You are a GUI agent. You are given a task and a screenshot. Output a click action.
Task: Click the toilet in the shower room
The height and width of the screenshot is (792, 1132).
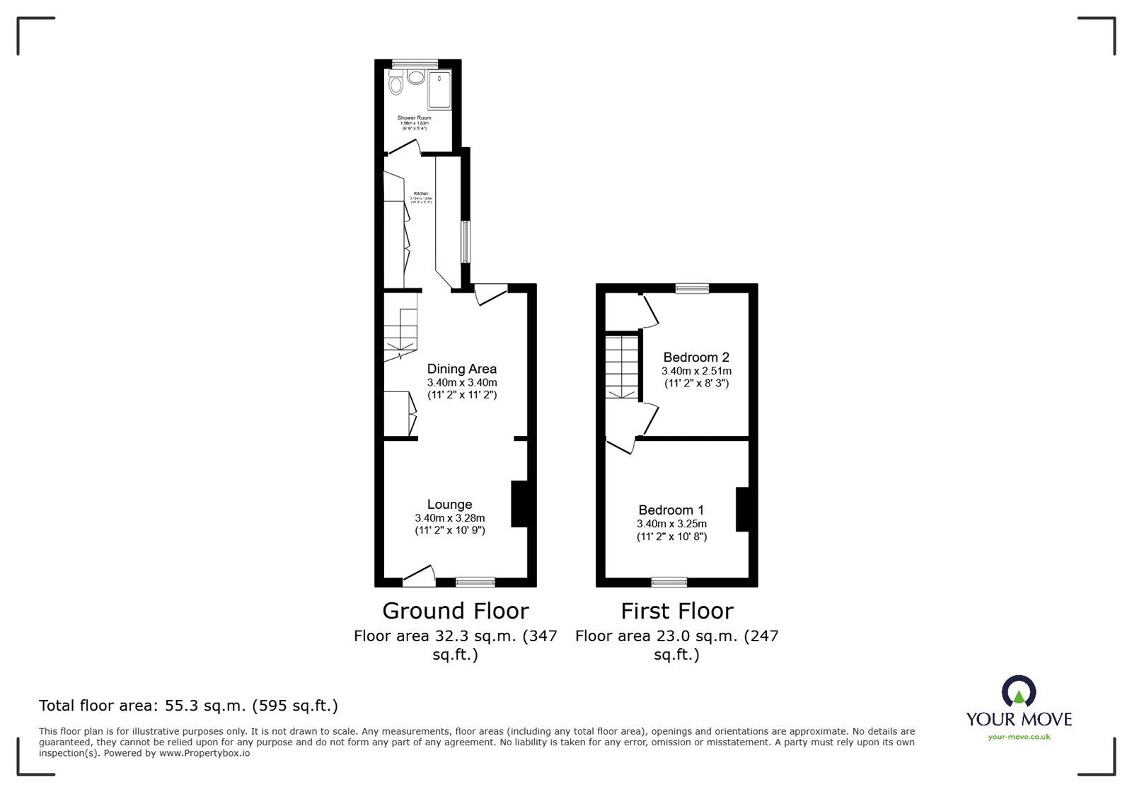point(396,86)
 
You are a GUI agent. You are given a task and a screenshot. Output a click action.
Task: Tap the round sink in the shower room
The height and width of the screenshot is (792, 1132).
point(416,77)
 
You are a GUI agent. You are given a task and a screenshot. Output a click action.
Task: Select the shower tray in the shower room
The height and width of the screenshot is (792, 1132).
point(440,90)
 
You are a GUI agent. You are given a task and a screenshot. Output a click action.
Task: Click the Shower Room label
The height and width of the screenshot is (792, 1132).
point(414,117)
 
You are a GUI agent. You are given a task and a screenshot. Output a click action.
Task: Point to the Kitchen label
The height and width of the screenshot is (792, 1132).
point(421,193)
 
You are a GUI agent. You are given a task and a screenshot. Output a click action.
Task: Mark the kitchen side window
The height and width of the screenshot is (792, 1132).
point(465,243)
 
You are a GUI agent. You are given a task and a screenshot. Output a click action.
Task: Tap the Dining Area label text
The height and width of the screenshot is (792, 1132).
point(461,369)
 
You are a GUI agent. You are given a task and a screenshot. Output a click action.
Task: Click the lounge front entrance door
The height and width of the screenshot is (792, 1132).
point(419,575)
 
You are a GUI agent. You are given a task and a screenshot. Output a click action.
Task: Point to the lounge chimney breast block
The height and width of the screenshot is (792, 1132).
point(519,504)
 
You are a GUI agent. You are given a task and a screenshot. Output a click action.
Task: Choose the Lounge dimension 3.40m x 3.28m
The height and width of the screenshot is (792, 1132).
point(450,518)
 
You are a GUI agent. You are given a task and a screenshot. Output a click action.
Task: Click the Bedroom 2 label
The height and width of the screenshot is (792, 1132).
point(696,357)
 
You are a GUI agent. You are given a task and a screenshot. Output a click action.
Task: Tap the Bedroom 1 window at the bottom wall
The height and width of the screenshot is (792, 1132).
point(669,582)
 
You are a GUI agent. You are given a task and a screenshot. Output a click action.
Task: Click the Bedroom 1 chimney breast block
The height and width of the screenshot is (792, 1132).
point(742,509)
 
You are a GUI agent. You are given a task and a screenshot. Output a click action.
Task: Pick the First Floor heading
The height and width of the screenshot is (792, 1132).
point(677,611)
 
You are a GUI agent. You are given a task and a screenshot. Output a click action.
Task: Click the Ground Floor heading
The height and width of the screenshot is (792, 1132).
point(456,611)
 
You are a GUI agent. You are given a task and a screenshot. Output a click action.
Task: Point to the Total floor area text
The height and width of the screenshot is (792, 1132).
point(188,706)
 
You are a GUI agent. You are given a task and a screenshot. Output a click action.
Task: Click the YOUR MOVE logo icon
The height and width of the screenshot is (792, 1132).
point(1019,692)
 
